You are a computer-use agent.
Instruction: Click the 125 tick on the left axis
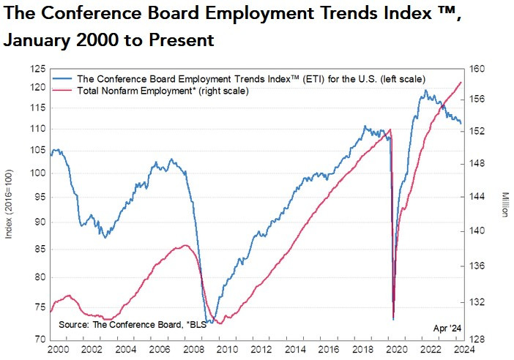coord(36,69)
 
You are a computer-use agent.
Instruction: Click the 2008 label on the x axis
coord(194,349)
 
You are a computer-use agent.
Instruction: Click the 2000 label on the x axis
coord(58,349)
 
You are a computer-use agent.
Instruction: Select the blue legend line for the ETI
coord(64,78)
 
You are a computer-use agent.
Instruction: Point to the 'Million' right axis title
coord(504,204)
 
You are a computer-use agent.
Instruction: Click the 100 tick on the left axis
coord(36,173)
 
